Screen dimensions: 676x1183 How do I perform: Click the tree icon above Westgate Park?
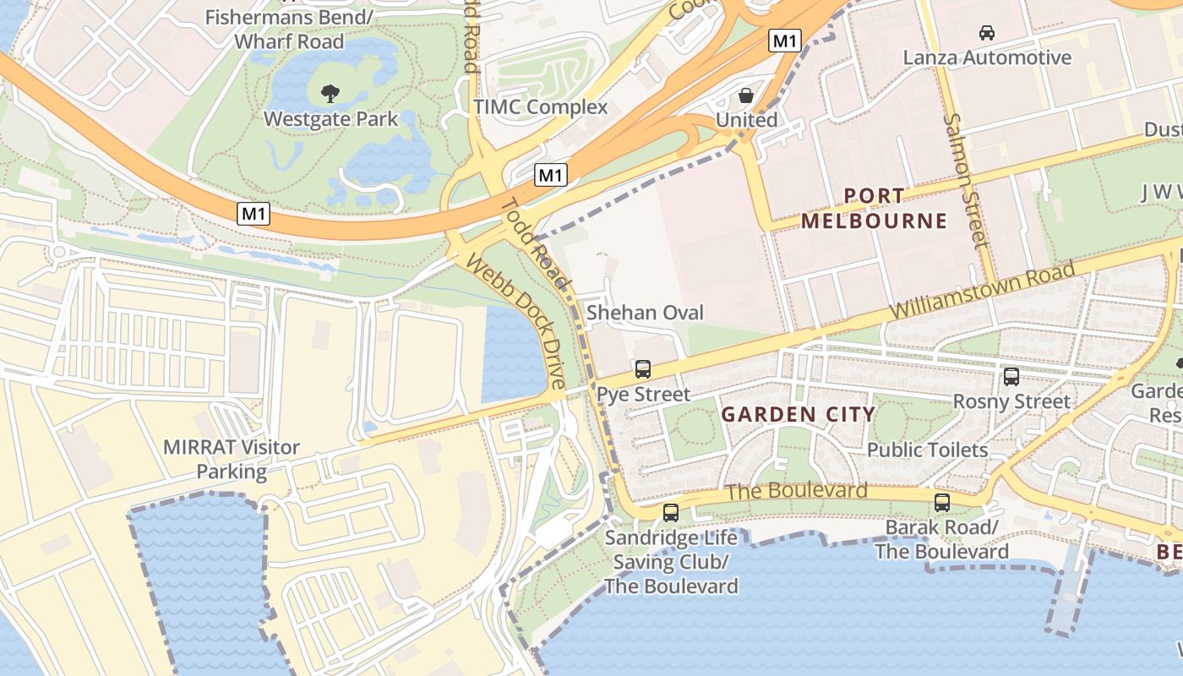tap(330, 91)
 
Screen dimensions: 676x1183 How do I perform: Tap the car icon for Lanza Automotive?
tap(986, 33)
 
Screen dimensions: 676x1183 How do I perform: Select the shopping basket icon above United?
tap(746, 95)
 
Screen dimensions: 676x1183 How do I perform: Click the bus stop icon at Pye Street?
tap(643, 369)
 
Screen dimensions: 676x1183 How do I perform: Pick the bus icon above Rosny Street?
tap(1011, 377)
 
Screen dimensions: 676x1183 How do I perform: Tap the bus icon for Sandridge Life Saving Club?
tap(671, 512)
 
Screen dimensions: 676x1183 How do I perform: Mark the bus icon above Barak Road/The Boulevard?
tap(942, 503)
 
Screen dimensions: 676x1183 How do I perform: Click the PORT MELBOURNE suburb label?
tap(874, 209)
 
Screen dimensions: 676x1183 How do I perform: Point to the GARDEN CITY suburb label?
tap(798, 414)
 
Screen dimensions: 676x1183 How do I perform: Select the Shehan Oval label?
tap(645, 313)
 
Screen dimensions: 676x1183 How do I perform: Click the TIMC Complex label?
tap(540, 107)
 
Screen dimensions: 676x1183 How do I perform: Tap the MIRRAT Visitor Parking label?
tap(232, 459)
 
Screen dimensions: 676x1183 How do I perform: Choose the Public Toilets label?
tap(927, 450)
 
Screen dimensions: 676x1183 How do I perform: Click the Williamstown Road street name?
tap(982, 292)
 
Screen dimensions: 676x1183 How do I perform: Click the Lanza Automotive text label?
tap(987, 57)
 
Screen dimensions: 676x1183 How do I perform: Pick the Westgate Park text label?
tap(330, 118)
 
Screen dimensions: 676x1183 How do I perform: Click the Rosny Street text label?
tap(1011, 401)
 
